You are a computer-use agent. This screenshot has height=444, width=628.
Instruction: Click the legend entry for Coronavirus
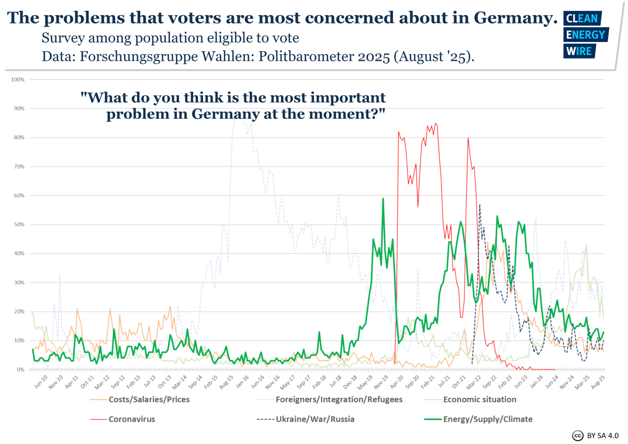click(x=131, y=419)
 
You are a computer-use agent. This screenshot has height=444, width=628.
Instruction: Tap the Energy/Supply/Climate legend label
click(x=488, y=419)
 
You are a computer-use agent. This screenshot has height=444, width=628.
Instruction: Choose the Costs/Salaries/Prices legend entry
click(x=149, y=399)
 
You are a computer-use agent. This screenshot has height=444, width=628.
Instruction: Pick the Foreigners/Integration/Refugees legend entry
click(x=339, y=399)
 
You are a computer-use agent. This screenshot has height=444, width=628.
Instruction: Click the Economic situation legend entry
click(x=479, y=399)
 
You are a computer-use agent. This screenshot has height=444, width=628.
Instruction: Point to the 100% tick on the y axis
click(x=18, y=80)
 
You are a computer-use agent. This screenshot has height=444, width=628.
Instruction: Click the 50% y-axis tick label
click(x=19, y=225)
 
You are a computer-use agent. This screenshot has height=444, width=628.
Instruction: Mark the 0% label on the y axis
click(x=20, y=370)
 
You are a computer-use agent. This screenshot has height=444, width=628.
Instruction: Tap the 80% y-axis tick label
click(x=19, y=138)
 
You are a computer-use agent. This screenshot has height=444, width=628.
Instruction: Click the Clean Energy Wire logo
click(x=584, y=35)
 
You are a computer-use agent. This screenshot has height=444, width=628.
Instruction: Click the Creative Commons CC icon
click(x=578, y=435)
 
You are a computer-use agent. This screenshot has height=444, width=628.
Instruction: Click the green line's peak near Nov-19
click(x=383, y=198)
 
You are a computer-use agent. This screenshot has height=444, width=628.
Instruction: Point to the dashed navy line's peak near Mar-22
click(x=479, y=204)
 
